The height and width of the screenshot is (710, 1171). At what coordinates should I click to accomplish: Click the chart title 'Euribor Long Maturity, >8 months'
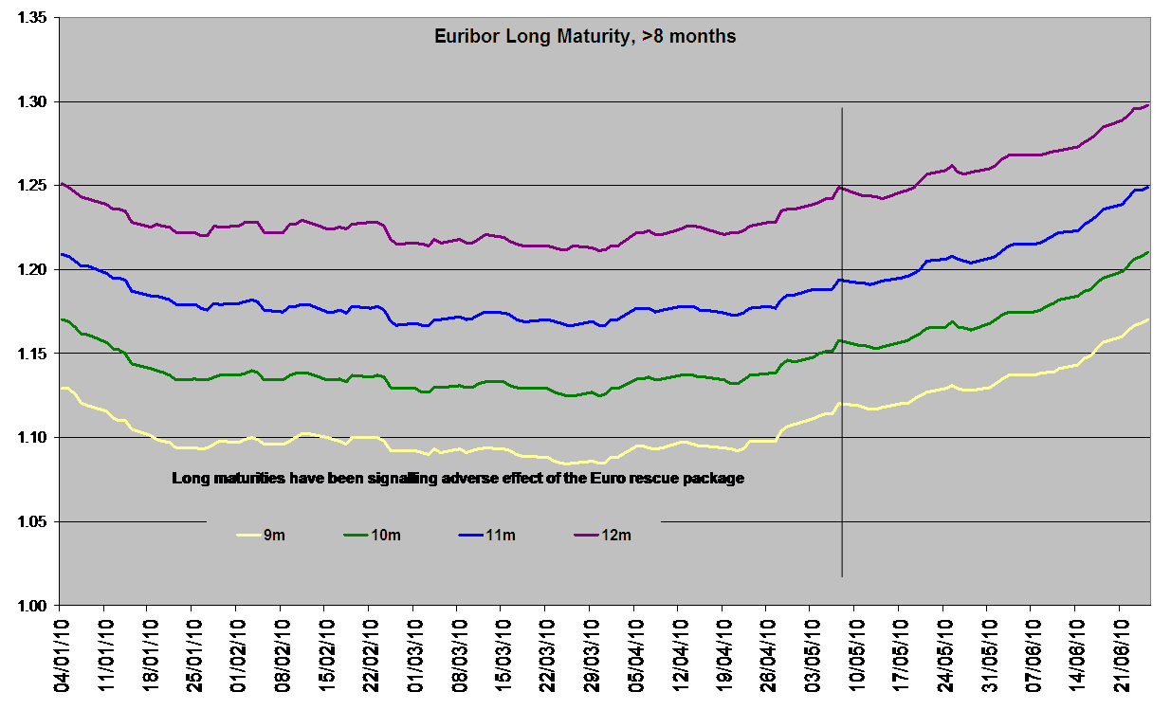[584, 38]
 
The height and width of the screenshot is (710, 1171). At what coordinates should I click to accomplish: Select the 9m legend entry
[273, 536]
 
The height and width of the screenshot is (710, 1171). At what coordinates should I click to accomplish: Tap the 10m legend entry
[386, 536]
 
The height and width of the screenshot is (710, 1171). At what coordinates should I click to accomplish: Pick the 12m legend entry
[616, 536]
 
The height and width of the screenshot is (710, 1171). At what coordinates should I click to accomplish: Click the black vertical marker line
[842, 379]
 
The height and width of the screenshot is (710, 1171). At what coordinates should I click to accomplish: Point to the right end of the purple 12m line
[1149, 104]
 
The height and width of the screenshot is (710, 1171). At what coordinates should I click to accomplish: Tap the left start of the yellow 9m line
[61, 389]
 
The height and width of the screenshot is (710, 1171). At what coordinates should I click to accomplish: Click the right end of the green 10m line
[1149, 252]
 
